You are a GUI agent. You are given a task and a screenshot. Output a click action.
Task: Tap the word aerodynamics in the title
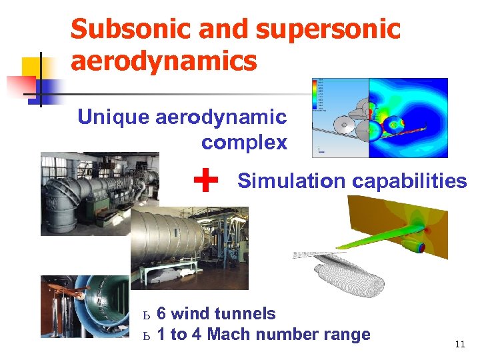[x=163, y=61]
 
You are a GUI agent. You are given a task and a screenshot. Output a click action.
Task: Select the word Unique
[x=113, y=117]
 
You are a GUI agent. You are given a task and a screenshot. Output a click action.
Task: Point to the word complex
[x=244, y=142]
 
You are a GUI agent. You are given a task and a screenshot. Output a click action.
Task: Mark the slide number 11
[x=459, y=344]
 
